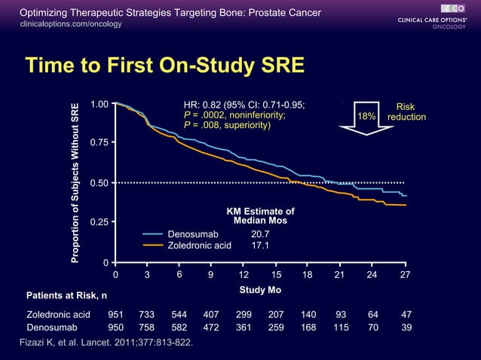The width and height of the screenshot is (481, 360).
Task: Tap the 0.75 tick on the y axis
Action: point(98,142)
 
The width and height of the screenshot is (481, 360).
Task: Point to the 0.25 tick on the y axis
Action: point(98,222)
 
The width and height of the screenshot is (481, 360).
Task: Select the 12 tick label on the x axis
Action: point(244,276)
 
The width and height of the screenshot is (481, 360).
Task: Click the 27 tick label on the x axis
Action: point(405,276)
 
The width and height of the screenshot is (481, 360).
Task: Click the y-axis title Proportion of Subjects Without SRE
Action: point(75,182)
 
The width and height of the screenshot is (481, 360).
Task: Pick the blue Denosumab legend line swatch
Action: point(153,235)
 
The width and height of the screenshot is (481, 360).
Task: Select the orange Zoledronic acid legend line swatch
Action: point(153,246)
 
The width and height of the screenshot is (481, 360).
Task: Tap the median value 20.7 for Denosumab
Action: point(260,235)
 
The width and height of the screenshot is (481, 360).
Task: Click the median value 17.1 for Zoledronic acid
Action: point(260,246)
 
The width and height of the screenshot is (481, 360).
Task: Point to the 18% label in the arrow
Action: point(366,117)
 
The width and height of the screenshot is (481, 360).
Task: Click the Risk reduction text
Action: point(406,112)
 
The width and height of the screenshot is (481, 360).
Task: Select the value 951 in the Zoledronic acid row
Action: point(116,314)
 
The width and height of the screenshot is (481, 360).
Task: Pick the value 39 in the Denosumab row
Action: point(406,328)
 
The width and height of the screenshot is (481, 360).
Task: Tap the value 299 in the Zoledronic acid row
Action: point(244,314)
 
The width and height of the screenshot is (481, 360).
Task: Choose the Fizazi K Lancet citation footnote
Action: point(105,343)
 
